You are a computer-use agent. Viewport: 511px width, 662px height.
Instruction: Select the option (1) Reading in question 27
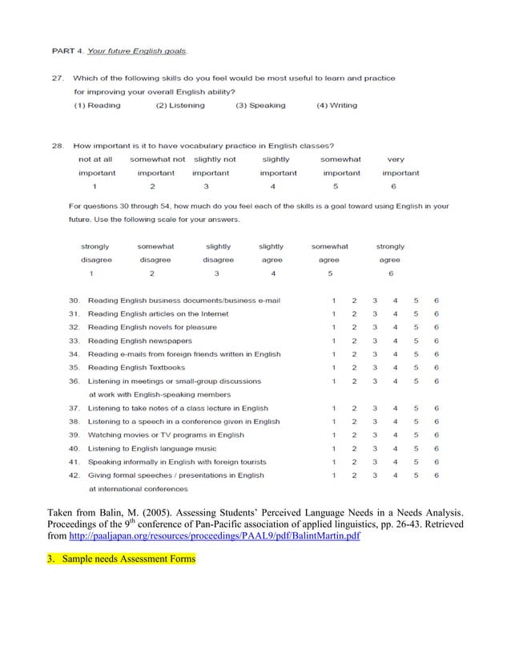coord(97,105)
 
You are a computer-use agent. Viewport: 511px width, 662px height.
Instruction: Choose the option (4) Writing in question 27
coord(337,105)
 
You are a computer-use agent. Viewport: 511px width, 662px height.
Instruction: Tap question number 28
coord(58,146)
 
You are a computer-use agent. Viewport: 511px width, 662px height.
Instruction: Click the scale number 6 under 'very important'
coord(393,186)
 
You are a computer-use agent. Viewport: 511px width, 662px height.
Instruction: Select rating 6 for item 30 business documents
coord(436,301)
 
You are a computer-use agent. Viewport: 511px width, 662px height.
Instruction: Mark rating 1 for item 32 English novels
coord(333,327)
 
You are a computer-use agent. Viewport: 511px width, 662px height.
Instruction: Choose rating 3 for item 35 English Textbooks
coord(374,367)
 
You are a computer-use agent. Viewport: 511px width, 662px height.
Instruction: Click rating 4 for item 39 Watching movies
coord(395,434)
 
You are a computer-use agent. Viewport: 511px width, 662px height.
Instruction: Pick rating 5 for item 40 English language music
coord(416,448)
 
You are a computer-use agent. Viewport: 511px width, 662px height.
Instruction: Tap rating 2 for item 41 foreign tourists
coord(354,462)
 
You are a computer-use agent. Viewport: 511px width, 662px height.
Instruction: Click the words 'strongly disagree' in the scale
coord(96,253)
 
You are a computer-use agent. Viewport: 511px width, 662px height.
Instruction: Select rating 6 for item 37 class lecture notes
coord(436,408)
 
